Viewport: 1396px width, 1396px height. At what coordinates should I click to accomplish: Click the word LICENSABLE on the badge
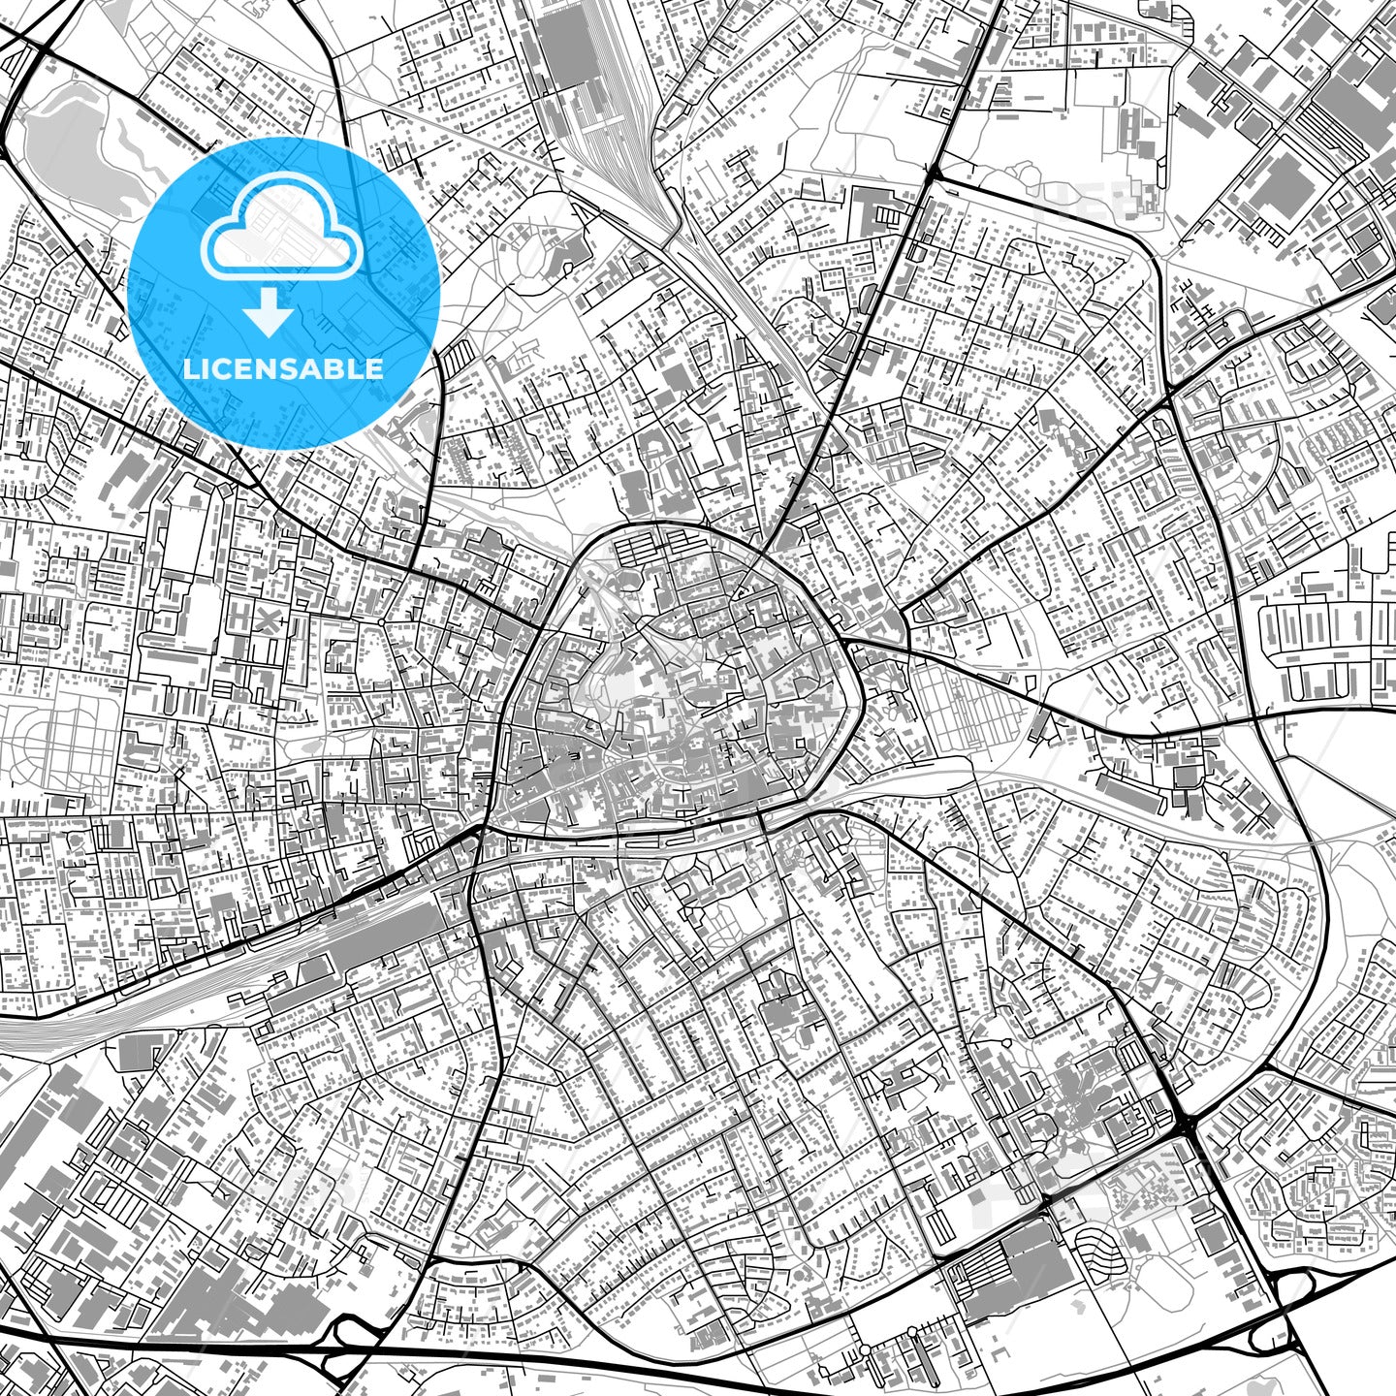(x=284, y=369)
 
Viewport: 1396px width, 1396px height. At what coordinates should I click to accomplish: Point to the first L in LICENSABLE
(x=190, y=369)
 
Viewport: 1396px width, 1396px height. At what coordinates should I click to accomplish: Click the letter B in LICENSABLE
(x=340, y=369)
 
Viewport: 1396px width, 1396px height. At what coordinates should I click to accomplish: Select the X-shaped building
(x=264, y=619)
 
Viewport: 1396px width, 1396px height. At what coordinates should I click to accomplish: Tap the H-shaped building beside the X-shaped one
(x=237, y=619)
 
